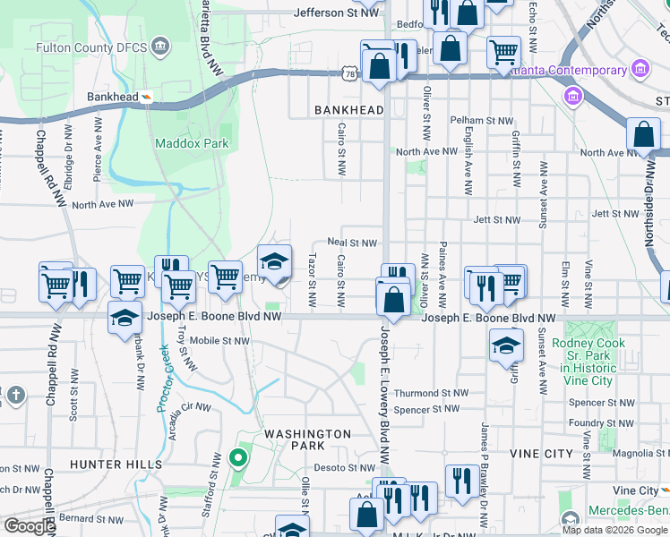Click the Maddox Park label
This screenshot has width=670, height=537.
192,143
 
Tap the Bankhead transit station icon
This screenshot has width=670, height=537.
146,97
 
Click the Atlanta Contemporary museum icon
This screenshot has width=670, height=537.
640,70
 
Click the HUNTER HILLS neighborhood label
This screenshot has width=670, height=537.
116,465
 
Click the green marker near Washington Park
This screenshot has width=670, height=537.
237,460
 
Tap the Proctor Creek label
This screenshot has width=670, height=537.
164,380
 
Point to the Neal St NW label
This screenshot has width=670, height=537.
352,243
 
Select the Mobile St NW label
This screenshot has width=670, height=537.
219,341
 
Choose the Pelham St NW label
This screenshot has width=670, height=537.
482,120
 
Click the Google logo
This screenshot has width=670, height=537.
30,526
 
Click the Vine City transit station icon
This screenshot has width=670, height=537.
664,490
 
